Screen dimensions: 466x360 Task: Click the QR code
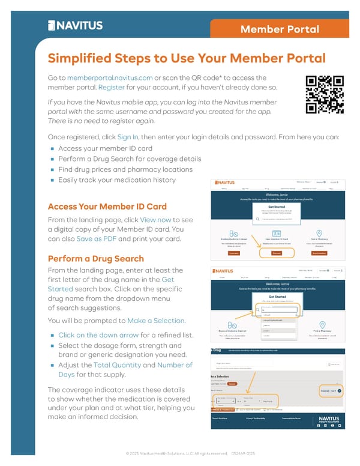(x=324, y=94)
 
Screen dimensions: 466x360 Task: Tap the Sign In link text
(x=128, y=137)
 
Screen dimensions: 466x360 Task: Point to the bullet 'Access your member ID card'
(x=105, y=148)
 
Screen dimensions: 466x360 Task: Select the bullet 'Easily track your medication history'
(x=117, y=180)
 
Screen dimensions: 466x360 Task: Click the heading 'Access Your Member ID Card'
(x=107, y=207)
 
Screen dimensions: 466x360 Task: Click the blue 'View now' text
(x=155, y=219)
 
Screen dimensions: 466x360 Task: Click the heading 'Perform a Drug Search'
(x=95, y=259)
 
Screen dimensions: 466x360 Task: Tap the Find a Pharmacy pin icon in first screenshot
(x=319, y=234)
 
